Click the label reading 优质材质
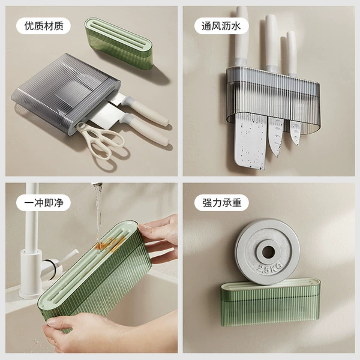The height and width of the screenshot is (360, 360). pos(43,26)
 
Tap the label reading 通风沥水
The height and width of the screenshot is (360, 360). pos(221,26)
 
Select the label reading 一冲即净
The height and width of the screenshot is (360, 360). pos(43,203)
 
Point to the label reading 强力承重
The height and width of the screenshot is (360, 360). pos(221,203)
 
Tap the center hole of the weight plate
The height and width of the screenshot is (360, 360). pos(268,252)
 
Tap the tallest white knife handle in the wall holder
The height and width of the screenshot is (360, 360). pos(242,37)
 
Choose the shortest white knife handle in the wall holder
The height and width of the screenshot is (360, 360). pos(292,53)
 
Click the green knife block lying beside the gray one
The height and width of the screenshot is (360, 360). pos(119,43)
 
